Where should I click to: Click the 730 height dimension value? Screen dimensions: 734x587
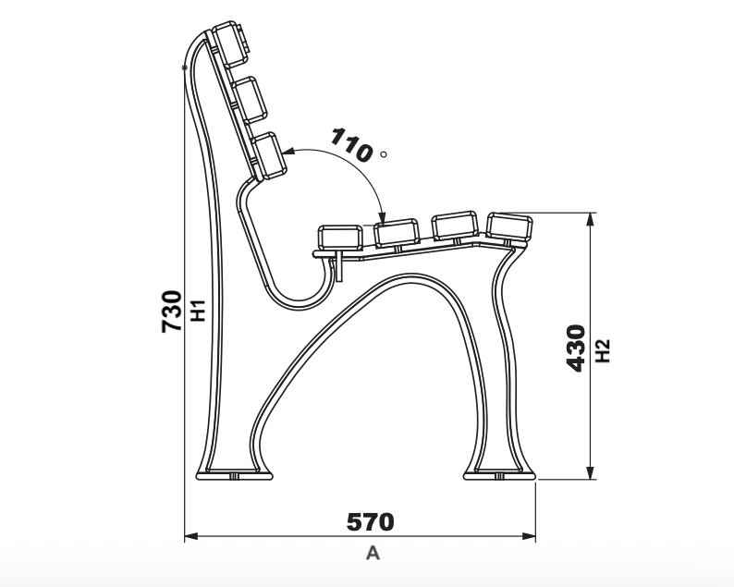click(171, 312)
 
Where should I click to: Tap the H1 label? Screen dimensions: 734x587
click(199, 311)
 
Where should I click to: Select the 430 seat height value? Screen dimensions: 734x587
click(576, 349)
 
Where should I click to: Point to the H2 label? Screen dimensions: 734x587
click(603, 351)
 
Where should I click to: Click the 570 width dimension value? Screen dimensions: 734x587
click(371, 522)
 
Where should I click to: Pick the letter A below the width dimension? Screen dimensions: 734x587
click(373, 553)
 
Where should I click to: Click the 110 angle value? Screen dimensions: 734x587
click(351, 145)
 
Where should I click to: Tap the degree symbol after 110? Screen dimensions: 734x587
click(384, 154)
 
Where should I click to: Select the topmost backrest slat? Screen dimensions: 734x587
click(230, 43)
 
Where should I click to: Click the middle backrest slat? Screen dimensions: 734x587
click(249, 99)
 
